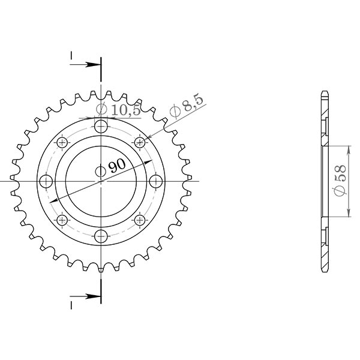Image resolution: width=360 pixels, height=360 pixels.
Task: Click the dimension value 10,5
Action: (125, 110)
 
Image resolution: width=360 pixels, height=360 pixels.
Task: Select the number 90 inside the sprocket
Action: (116, 166)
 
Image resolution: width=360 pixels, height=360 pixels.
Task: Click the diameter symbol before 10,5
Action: (101, 110)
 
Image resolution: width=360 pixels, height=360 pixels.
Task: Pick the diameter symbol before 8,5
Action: (176, 112)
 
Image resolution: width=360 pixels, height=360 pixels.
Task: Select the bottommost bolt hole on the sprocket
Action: (101, 235)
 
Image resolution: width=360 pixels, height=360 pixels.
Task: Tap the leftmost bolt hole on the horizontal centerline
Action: (46, 181)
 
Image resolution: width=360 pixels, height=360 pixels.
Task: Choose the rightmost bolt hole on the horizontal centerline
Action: (155, 181)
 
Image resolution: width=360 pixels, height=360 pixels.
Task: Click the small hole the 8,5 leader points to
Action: (140, 142)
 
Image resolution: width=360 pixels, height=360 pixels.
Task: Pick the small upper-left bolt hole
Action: (62, 142)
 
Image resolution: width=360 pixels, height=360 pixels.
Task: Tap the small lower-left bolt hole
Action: (62, 220)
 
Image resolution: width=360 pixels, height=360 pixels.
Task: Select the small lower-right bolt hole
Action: (140, 220)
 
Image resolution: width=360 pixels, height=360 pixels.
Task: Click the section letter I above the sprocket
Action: (71, 56)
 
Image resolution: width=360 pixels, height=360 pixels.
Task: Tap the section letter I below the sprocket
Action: (71, 305)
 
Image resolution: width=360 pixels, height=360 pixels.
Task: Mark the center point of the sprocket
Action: (101, 181)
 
